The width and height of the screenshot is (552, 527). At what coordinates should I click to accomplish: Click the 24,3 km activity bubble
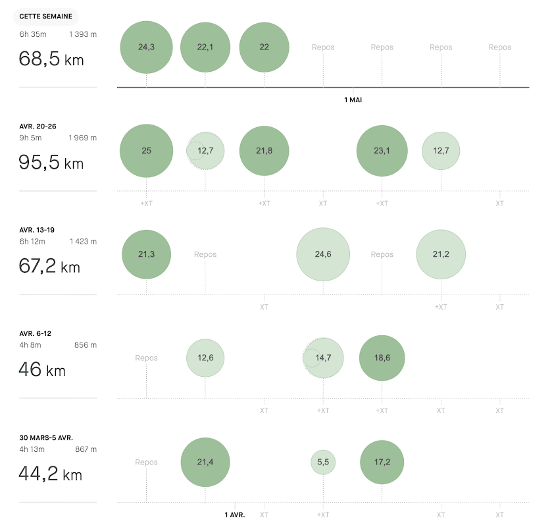click(146, 47)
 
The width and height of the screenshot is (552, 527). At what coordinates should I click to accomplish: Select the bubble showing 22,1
click(205, 47)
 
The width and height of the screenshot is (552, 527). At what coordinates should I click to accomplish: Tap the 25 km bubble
click(146, 151)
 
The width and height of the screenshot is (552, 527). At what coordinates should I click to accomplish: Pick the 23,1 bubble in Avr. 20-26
click(382, 151)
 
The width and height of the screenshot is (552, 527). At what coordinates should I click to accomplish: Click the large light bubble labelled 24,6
click(322, 254)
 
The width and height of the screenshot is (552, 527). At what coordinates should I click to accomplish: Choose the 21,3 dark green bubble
click(146, 254)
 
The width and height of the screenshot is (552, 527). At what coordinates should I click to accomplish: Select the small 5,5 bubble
click(323, 462)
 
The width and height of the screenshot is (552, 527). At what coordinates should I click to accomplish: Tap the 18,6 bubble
click(382, 358)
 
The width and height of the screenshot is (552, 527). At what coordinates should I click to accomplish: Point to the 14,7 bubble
click(323, 358)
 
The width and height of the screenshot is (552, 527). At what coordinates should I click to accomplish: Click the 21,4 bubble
click(205, 462)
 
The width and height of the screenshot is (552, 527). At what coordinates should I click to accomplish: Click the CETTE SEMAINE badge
click(46, 16)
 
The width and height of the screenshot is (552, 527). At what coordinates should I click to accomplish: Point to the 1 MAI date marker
click(353, 100)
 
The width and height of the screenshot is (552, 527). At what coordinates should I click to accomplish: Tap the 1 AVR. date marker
click(235, 514)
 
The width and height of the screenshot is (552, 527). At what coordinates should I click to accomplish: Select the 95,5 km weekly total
click(51, 163)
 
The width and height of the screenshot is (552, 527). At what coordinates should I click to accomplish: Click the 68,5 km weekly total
click(51, 59)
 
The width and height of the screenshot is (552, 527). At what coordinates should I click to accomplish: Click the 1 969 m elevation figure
click(82, 138)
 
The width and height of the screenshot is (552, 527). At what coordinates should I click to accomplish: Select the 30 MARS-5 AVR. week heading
click(46, 437)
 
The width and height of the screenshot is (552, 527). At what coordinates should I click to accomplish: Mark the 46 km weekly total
click(42, 370)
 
